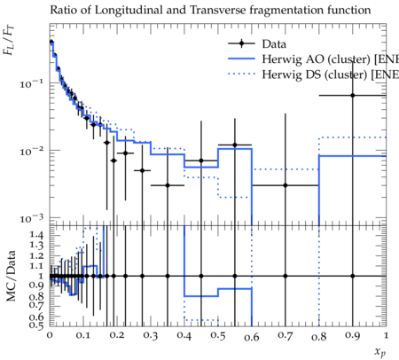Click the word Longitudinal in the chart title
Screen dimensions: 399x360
129,11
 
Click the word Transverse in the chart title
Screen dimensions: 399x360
217,10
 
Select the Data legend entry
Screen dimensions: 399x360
257,43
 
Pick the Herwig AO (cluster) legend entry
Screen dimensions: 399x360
313,59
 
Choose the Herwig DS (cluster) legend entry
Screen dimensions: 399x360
313,74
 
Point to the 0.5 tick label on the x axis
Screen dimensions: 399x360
218,336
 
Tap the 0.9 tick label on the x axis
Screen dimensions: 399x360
352,336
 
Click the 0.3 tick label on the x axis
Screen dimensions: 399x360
151,336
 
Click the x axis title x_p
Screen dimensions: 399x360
380,352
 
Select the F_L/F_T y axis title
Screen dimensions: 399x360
8,41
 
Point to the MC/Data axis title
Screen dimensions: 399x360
11,276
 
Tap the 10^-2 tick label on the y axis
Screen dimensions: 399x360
31,152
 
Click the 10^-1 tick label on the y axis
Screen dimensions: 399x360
31,84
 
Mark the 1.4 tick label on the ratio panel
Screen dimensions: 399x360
36,235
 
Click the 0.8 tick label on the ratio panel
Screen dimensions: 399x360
36,296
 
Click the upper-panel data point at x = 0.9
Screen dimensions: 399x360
352,96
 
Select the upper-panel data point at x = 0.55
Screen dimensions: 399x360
235,145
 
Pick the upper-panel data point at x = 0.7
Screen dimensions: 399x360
286,185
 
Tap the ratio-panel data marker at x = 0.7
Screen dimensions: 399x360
286,276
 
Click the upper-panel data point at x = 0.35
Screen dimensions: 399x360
168,185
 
